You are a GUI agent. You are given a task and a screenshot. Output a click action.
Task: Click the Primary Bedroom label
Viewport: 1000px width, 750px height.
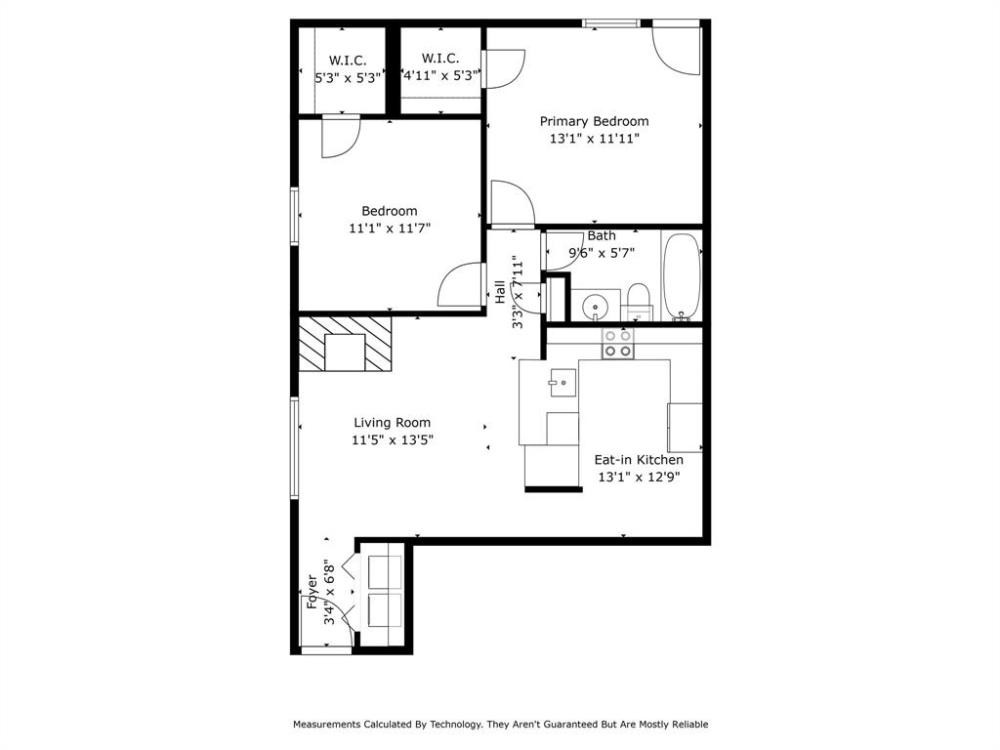coord(594,121)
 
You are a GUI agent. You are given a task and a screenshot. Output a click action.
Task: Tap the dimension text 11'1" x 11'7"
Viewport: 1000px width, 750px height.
coord(390,228)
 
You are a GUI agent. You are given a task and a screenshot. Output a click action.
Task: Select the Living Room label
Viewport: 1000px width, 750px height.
coord(392,423)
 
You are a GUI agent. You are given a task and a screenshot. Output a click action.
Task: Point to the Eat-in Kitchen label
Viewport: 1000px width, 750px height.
coord(639,460)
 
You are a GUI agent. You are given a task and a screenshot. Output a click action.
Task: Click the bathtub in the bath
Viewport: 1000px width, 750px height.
coord(682,276)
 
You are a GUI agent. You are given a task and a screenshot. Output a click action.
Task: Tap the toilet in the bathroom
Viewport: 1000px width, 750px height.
coord(639,300)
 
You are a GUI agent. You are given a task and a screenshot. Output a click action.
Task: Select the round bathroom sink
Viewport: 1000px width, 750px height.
coord(595,310)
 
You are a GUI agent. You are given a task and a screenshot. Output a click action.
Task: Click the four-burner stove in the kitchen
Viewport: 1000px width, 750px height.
coord(617,342)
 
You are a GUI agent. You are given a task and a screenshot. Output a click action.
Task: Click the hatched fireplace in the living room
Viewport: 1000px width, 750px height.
coord(345,343)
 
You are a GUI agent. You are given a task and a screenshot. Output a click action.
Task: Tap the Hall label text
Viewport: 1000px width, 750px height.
coord(500,291)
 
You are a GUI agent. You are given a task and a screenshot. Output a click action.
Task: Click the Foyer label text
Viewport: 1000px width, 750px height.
coord(312,592)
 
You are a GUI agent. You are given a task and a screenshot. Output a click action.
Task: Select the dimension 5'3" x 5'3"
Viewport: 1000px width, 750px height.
coord(347,78)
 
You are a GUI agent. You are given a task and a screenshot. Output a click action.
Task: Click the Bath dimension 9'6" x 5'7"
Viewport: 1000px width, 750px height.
coord(602,253)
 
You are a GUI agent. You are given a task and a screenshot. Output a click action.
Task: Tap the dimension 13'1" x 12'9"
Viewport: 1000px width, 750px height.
coord(639,478)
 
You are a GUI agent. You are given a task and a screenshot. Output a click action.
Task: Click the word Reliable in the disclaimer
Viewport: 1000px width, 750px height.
coord(686,725)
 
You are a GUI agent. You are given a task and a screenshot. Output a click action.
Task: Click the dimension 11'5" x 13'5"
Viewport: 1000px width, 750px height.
coord(392,440)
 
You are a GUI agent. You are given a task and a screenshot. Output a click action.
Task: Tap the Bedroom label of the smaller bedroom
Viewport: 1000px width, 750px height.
coord(390,211)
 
